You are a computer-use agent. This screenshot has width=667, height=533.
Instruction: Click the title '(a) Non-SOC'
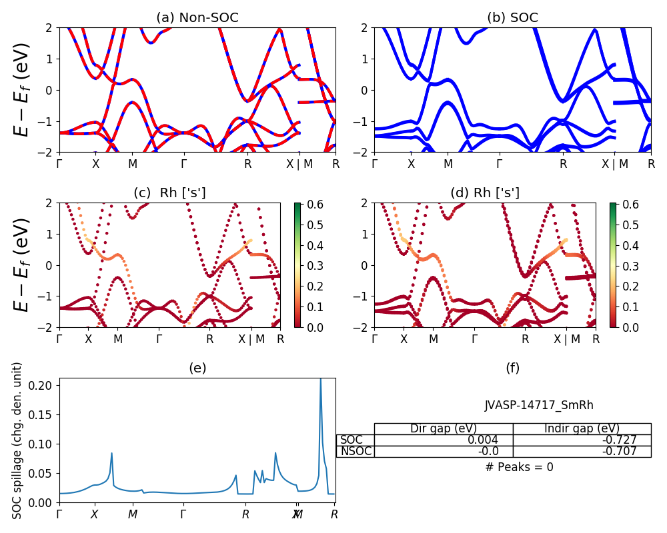pyautogui.click(x=197, y=18)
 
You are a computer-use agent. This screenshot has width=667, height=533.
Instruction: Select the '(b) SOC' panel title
pyautogui.click(x=512, y=18)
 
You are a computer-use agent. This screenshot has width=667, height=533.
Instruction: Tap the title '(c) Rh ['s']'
pyautogui.click(x=169, y=193)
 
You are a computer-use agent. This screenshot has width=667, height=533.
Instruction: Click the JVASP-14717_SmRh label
pyautogui.click(x=539, y=405)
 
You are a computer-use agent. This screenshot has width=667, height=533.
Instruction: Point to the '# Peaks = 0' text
pyautogui.click(x=520, y=467)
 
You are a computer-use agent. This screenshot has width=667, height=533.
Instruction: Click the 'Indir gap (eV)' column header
pyautogui.click(x=582, y=428)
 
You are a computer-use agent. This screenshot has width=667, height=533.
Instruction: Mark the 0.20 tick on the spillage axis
pyautogui.click(x=44, y=385)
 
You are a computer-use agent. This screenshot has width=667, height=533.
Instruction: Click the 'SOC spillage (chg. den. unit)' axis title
pyautogui.click(x=17, y=440)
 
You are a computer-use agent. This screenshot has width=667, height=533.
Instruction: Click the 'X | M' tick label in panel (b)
pyautogui.click(x=614, y=163)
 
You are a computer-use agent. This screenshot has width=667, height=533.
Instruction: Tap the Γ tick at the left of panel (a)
pyautogui.click(x=59, y=163)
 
